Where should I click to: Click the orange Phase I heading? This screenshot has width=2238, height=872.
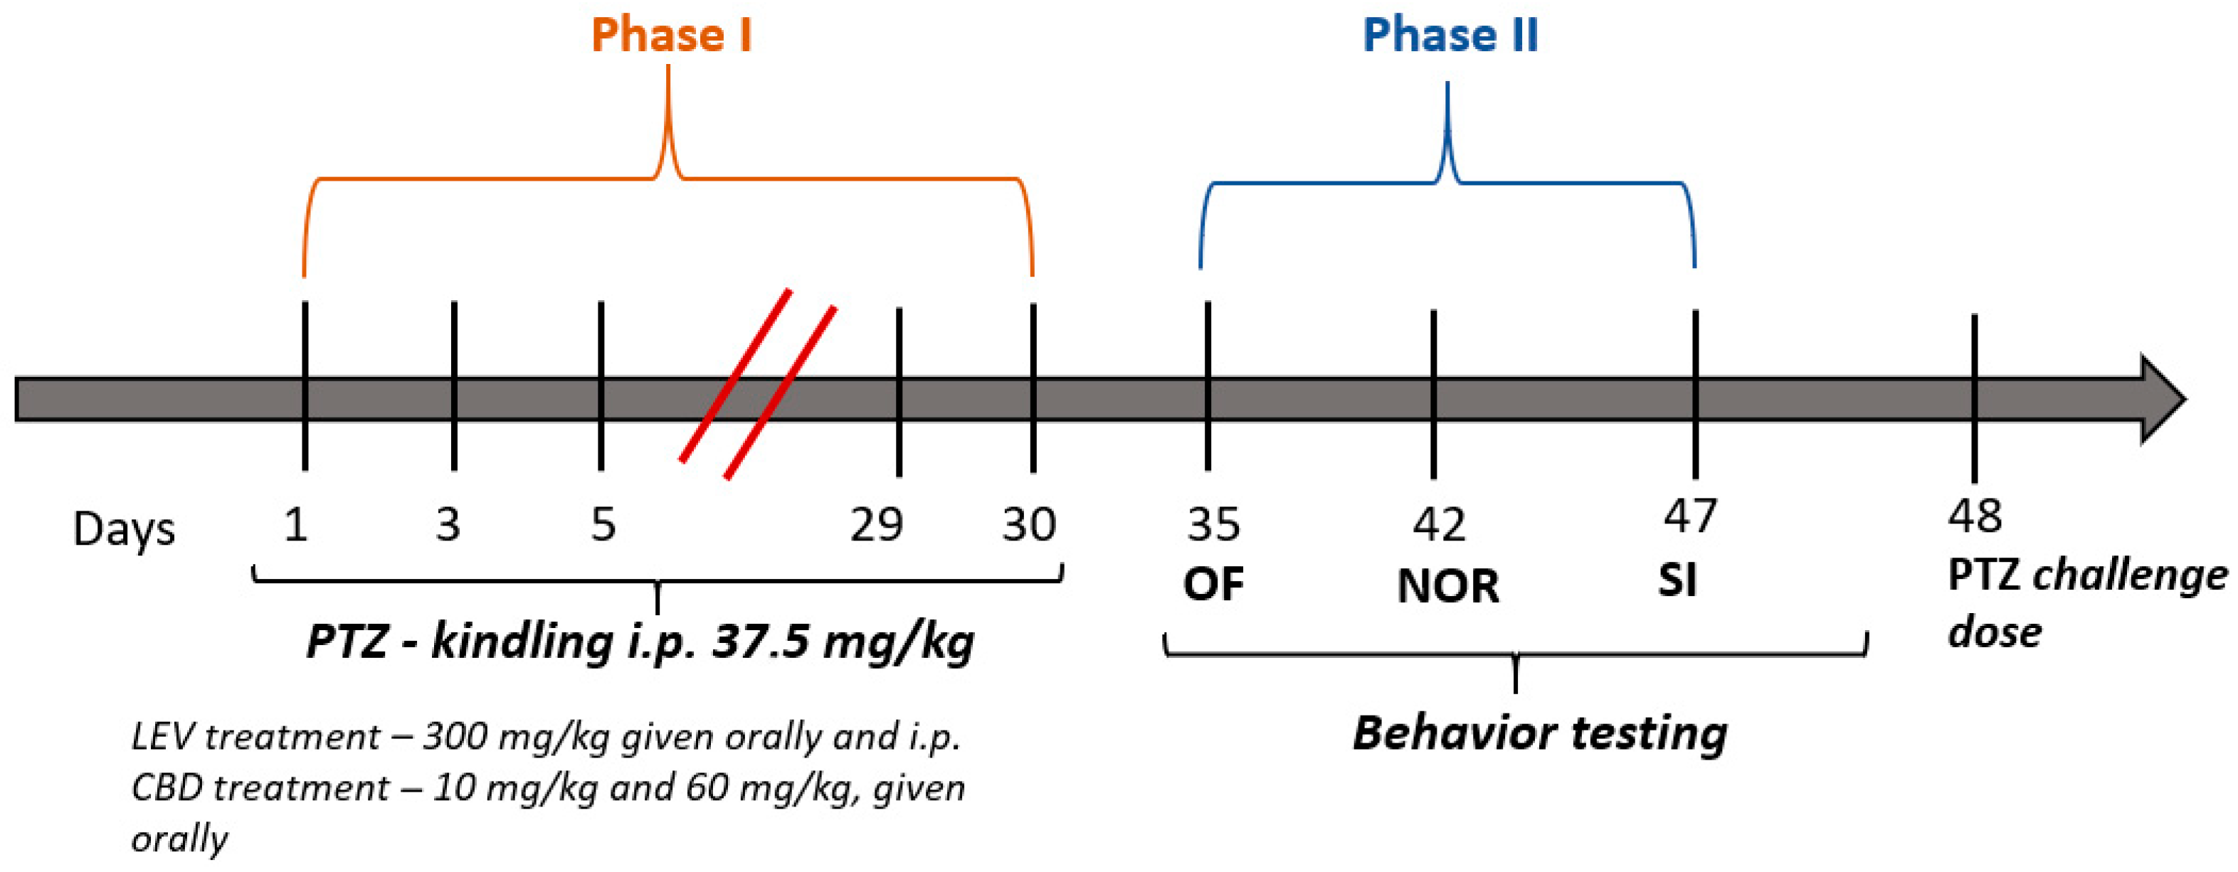671,36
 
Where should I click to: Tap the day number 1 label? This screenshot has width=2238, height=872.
295,525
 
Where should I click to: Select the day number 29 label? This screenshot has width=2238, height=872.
876,525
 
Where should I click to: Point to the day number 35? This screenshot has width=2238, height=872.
1214,525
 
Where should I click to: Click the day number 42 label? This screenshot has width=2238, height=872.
1439,525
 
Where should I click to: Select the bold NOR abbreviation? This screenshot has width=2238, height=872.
1447,586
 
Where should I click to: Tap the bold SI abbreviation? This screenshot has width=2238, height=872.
1677,580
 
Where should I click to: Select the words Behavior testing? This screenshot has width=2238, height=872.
1539,733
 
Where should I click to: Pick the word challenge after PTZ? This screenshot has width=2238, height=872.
2131,575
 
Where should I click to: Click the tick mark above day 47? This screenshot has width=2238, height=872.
1695,393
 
